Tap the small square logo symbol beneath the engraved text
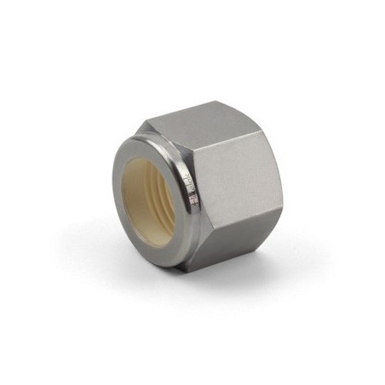coord(192,201)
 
